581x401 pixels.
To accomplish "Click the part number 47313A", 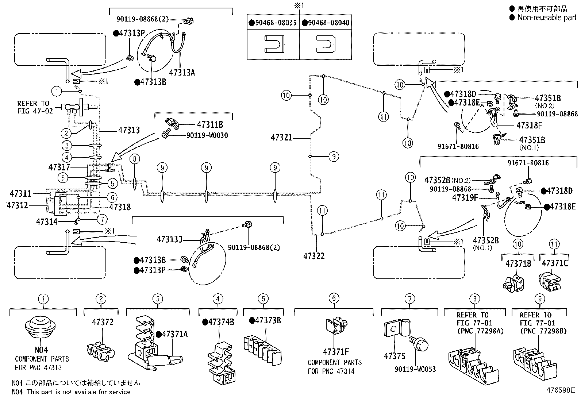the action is coord(182,72).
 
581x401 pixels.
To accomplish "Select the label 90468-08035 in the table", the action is coord(276,23).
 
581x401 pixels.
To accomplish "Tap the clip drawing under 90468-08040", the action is coord(326,44).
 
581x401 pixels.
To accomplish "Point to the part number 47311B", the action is coord(210,125).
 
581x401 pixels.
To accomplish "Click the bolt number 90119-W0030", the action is coord(207,135).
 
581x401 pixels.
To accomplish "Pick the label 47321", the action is coord(281,138).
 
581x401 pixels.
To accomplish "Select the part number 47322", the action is coord(314,256).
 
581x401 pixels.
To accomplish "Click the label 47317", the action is coord(59,167).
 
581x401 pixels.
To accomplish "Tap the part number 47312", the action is coord(17,205).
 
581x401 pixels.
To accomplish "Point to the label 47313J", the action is coord(169,239).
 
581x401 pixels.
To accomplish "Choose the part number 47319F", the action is coord(465,198).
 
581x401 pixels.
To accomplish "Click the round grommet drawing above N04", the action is coord(40,327).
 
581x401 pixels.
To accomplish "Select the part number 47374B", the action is coord(221,322).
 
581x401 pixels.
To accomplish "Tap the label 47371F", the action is coord(336,352).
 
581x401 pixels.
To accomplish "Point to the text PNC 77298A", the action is coord(480,331).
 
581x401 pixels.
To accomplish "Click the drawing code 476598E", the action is coord(561,390).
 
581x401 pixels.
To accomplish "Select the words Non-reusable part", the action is coord(547,18).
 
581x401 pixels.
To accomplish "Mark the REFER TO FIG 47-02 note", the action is coord(35,107).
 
